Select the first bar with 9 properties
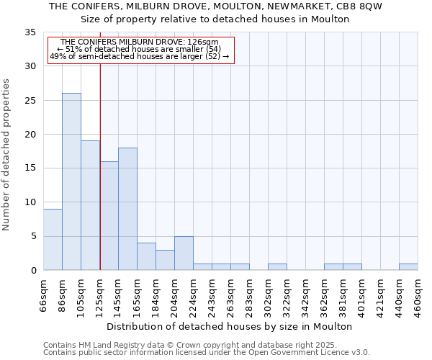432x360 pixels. pyautogui.click(x=53, y=239)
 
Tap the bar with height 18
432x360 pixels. pyautogui.click(x=127, y=209)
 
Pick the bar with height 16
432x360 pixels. pyautogui.click(x=109, y=215)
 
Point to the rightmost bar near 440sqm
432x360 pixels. pyautogui.click(x=408, y=267)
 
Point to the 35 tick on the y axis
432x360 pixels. pyautogui.click(x=30, y=32)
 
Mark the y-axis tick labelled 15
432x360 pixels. pyautogui.click(x=30, y=168)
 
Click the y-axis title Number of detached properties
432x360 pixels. pyautogui.click(x=6, y=155)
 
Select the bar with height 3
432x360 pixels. pyautogui.click(x=165, y=260)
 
